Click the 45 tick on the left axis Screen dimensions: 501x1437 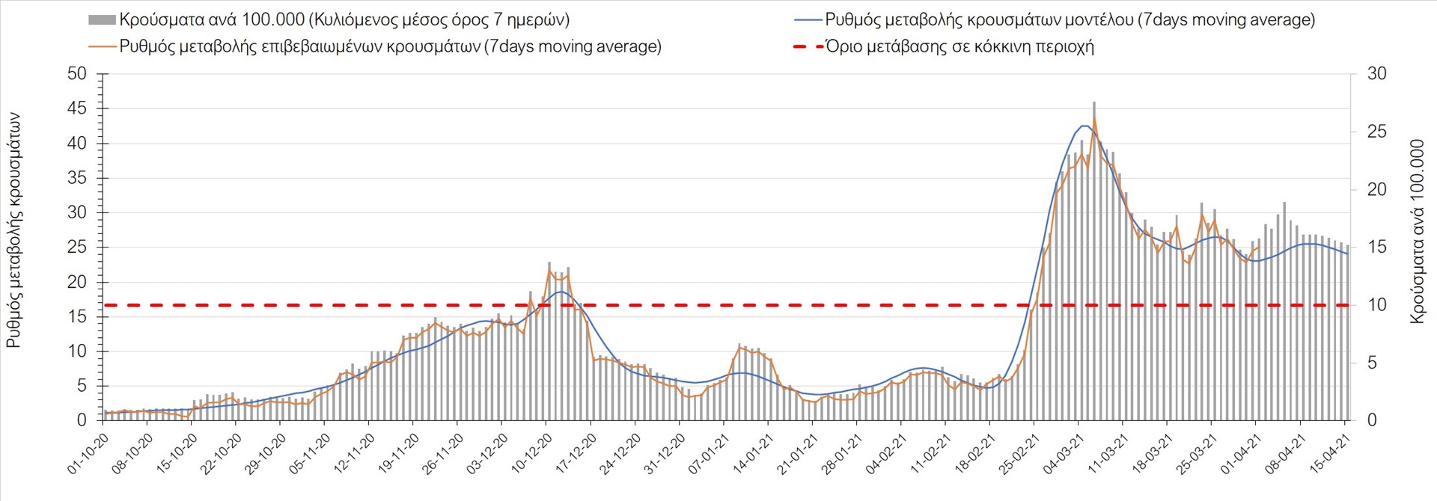tap(77, 108)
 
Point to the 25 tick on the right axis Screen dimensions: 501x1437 tap(1376, 132)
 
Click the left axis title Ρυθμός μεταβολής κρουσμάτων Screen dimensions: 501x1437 tap(14, 230)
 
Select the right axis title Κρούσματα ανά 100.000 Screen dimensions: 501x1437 tap(1416, 231)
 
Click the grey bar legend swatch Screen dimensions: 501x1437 tap(102, 19)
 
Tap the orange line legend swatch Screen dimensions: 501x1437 tap(102, 46)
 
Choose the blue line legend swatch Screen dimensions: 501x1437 tap(807, 19)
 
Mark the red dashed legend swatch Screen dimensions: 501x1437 tap(807, 46)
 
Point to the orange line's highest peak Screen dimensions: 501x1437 tap(1094, 118)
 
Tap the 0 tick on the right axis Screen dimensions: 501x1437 tap(1372, 421)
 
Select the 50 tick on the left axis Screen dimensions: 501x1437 tap(77, 74)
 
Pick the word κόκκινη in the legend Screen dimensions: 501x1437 tap(998, 46)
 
